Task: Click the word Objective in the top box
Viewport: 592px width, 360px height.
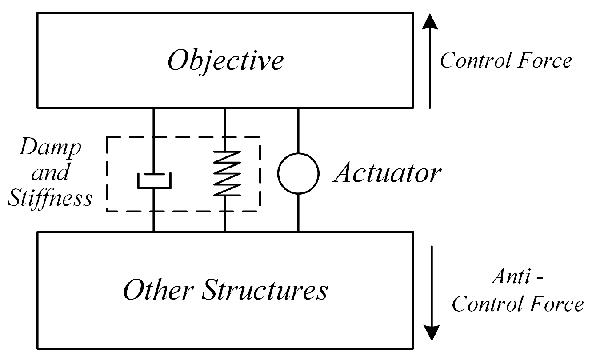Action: [225, 60]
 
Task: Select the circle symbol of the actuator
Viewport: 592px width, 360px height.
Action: [298, 174]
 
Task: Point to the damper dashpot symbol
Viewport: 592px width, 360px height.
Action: [154, 181]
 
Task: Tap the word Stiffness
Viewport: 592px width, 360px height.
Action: [50, 198]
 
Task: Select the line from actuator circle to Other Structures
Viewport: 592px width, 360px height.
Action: [298, 213]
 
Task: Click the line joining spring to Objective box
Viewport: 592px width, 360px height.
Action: [225, 129]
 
